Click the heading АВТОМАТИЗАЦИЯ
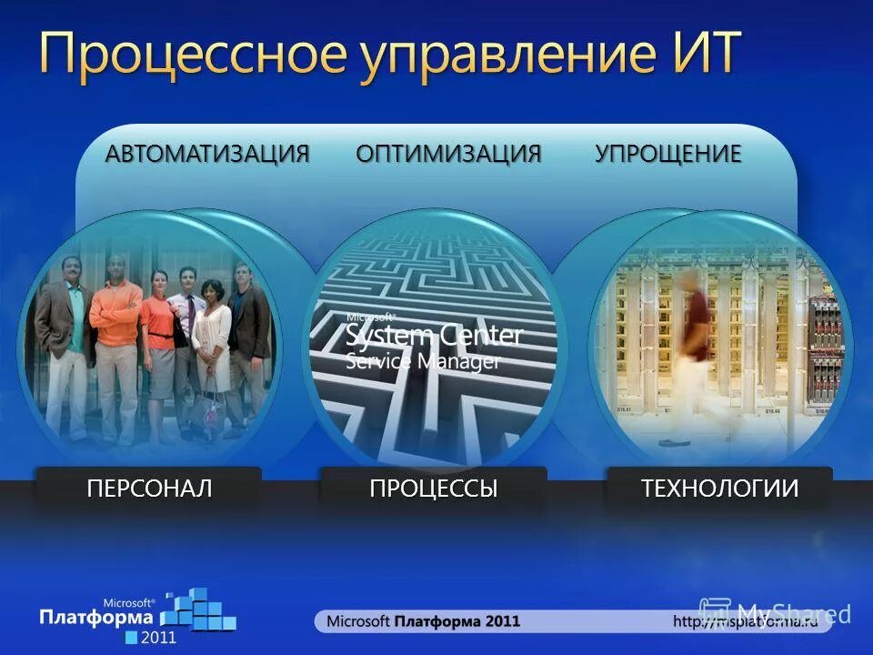tap(207, 153)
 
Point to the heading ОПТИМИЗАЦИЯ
tap(448, 153)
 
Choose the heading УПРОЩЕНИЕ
tap(668, 153)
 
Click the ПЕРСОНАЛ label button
tap(149, 489)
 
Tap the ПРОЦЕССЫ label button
tap(434, 489)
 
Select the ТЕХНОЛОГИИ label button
tap(719, 489)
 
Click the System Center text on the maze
tap(434, 336)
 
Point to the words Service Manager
tap(423, 360)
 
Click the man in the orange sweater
tap(115, 337)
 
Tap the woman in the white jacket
tap(212, 346)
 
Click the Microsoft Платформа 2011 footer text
tap(423, 621)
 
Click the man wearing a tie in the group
tap(187, 337)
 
